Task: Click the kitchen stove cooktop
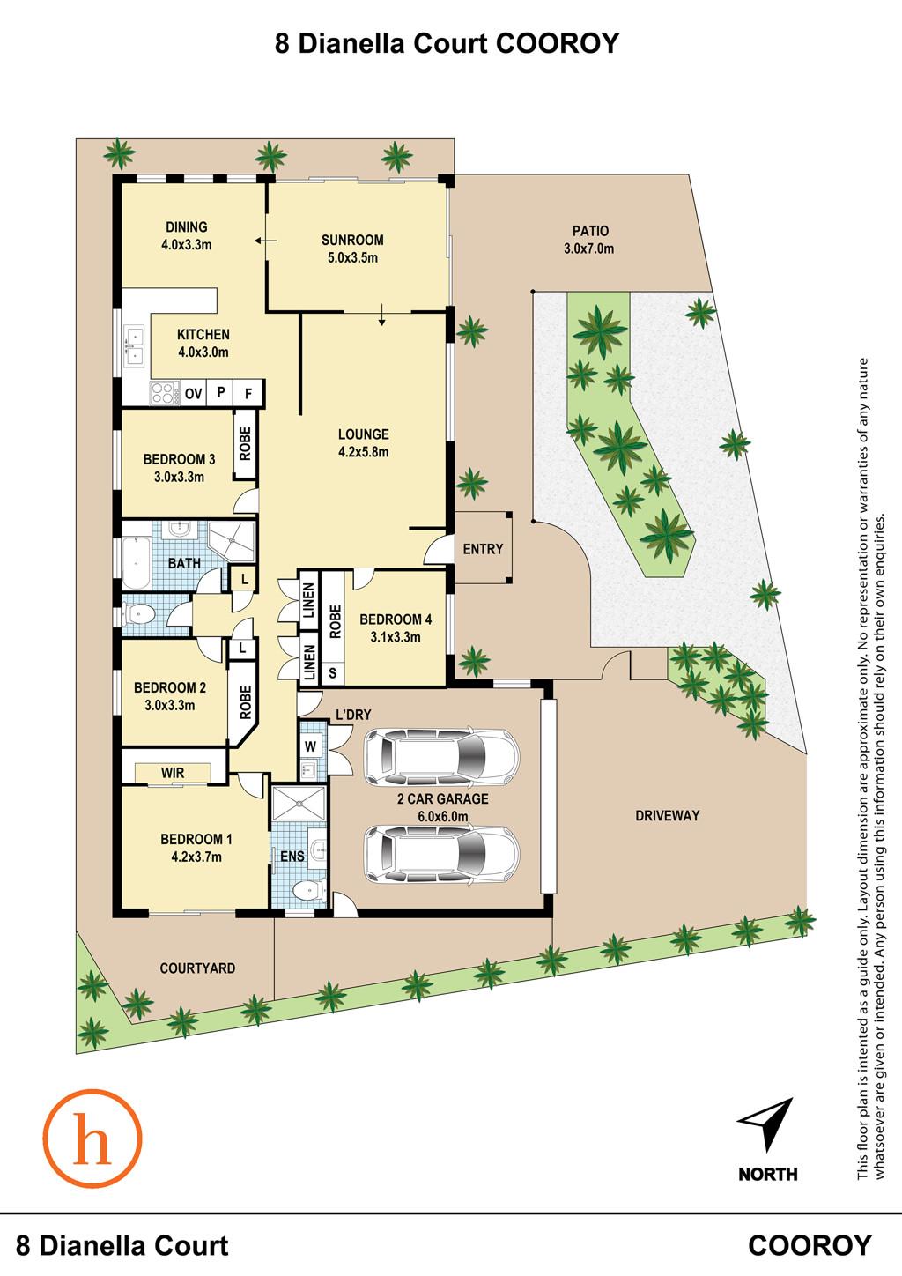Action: click(x=165, y=393)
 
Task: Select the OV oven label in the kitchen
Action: click(x=194, y=393)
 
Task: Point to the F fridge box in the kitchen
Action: click(x=249, y=393)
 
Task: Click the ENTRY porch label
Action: click(x=483, y=549)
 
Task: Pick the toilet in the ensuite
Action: click(x=307, y=890)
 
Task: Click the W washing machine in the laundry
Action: click(x=312, y=746)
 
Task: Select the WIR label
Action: click(x=173, y=773)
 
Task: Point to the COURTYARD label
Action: click(x=197, y=968)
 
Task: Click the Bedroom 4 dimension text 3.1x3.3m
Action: click(x=396, y=637)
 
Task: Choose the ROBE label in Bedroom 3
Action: click(x=246, y=444)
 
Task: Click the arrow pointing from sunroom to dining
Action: click(x=266, y=241)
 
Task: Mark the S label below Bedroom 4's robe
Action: click(x=333, y=672)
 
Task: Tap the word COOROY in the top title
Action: click(x=557, y=43)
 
